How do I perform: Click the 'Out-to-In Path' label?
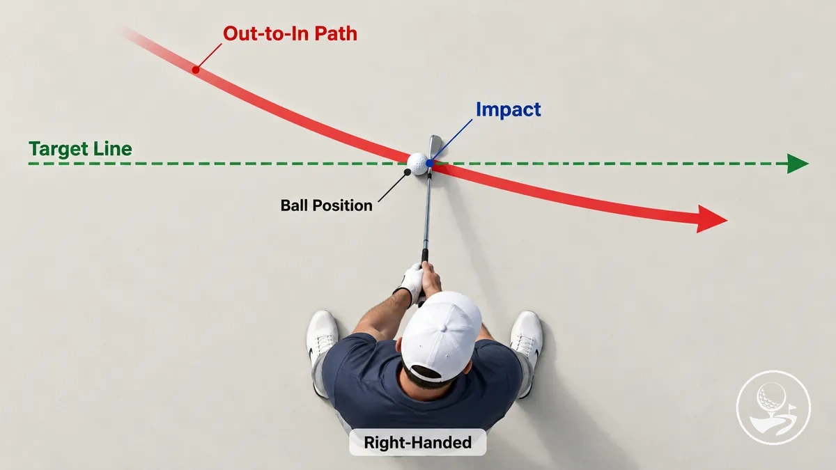290,33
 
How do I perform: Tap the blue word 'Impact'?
509,110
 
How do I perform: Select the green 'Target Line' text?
80,149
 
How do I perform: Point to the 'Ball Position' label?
326,205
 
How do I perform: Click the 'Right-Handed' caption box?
417,442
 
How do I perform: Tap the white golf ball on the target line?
417,164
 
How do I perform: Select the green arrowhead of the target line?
798,164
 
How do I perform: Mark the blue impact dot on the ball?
430,163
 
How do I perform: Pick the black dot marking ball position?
408,172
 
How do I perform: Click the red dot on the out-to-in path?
196,70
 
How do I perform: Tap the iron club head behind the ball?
435,148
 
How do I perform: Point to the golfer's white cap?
442,336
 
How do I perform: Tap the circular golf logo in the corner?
773,407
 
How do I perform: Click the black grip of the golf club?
424,256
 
